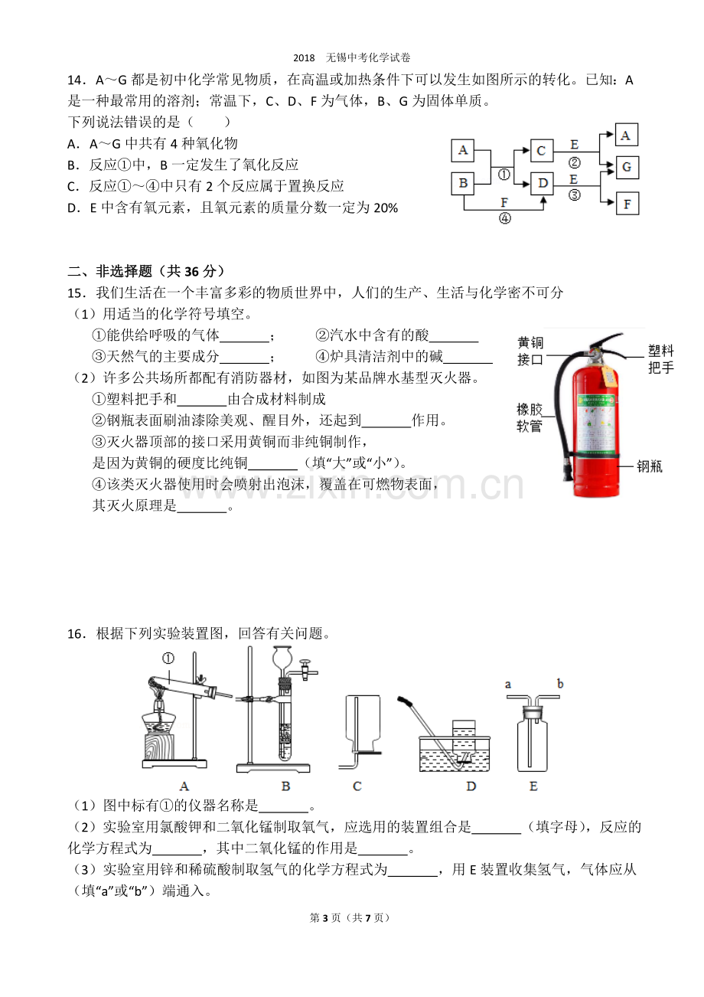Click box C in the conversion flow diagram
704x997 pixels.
(x=541, y=150)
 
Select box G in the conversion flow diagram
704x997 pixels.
(x=627, y=167)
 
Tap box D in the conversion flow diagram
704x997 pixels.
(x=542, y=183)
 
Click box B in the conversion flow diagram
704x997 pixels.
(x=462, y=183)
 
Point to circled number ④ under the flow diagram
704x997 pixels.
(x=505, y=218)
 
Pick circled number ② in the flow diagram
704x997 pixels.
(x=574, y=163)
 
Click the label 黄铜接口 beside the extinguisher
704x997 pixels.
(x=530, y=351)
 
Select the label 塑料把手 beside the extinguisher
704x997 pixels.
(x=660, y=358)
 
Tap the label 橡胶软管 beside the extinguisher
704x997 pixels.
(x=530, y=418)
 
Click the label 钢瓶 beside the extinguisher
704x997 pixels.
(x=650, y=466)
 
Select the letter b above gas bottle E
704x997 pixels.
(x=560, y=684)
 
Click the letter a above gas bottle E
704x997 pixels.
(x=508, y=685)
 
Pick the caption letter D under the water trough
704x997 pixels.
(x=471, y=786)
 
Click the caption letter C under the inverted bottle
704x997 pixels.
(x=357, y=786)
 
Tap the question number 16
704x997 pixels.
(x=77, y=634)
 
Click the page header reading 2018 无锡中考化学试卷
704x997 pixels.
(x=352, y=57)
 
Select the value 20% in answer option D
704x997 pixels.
(x=386, y=208)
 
